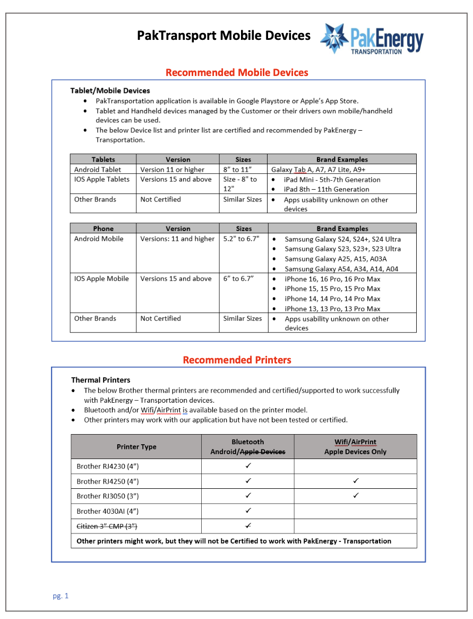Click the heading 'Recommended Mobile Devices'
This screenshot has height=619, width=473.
click(x=237, y=72)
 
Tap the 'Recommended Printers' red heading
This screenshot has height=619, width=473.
click(x=237, y=360)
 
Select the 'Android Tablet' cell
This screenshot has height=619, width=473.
click(x=98, y=169)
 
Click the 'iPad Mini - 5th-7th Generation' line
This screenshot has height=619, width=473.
click(x=332, y=180)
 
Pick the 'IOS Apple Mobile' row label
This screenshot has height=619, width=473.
click(x=101, y=278)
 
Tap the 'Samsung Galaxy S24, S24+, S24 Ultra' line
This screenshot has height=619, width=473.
click(x=342, y=239)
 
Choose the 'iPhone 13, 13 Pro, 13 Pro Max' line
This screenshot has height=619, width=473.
click(x=332, y=309)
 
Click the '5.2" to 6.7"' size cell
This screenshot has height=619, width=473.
click(x=241, y=239)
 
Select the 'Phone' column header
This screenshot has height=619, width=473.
click(x=103, y=228)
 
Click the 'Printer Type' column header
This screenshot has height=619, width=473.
click(x=136, y=447)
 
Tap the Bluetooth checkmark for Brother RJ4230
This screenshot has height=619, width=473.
click(x=248, y=466)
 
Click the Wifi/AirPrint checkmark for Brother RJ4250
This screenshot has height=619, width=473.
click(x=356, y=481)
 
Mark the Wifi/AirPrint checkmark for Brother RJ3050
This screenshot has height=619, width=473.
click(x=356, y=496)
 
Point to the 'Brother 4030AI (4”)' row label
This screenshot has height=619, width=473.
click(x=108, y=511)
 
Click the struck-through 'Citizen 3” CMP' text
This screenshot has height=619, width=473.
click(x=107, y=526)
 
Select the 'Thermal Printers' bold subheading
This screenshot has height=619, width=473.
click(x=101, y=380)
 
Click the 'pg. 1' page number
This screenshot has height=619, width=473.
click(x=61, y=596)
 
